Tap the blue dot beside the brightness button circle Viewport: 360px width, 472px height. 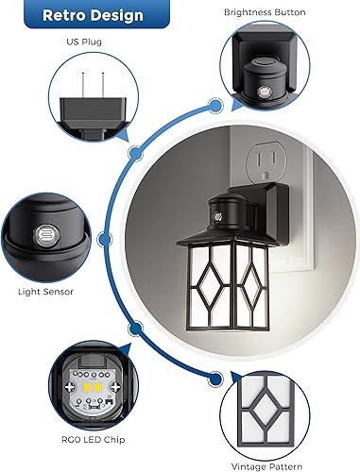point(214,106)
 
